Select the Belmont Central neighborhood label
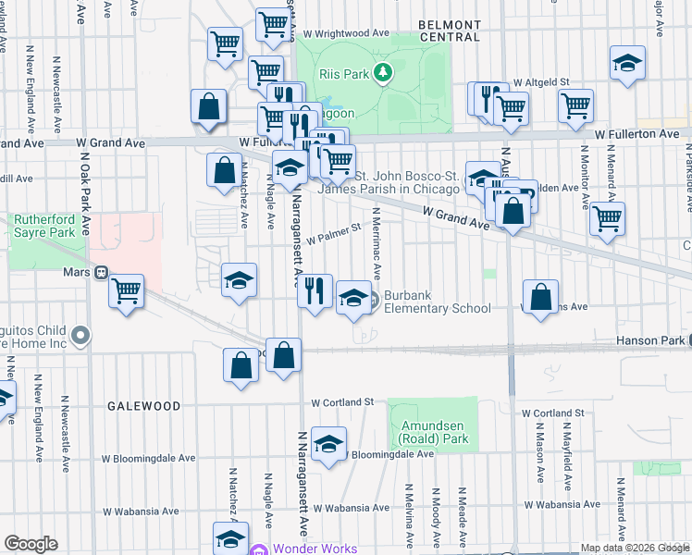[450, 31]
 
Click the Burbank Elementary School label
[437, 302]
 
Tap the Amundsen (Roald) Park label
[434, 432]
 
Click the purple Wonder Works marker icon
[260, 549]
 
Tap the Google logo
[31, 544]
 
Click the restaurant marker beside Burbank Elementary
[315, 292]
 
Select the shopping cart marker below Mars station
[126, 292]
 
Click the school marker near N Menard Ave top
[627, 63]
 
